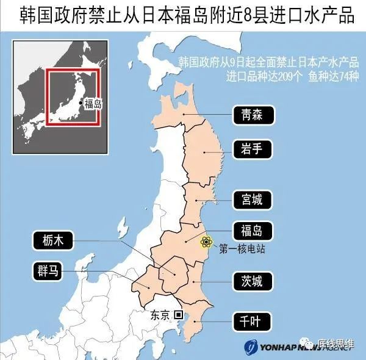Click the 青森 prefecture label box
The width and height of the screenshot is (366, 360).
tap(253, 114)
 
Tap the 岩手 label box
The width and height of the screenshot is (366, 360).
tap(253, 148)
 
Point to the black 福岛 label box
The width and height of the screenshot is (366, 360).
tap(253, 231)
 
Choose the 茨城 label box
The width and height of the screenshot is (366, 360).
tap(253, 281)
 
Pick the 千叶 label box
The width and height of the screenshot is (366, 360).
tap(253, 320)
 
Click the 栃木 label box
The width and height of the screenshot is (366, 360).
tap(52, 241)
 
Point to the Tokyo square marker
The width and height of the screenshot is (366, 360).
tap(178, 315)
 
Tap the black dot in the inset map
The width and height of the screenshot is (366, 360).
tap(81, 102)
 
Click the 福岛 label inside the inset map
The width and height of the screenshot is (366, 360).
tap(93, 103)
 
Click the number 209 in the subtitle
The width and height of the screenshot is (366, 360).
tap(278, 77)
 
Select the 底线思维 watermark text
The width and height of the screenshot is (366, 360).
tap(334, 345)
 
